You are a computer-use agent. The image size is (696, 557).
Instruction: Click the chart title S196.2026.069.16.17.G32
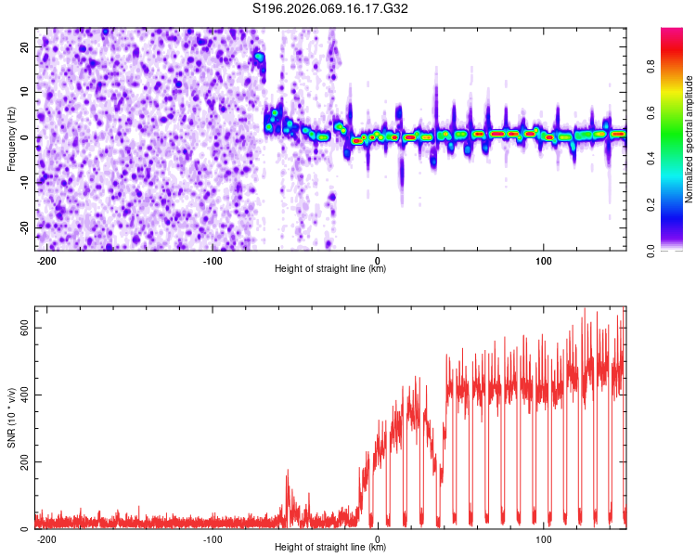(x=331, y=8)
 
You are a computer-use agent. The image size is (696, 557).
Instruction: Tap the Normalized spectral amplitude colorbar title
(x=690, y=139)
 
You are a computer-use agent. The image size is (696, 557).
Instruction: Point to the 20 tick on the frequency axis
(x=24, y=47)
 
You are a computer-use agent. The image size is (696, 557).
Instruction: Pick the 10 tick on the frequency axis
(x=24, y=92)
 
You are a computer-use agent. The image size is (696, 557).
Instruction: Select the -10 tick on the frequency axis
(x=22, y=182)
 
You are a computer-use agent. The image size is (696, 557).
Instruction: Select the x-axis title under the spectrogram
(x=330, y=269)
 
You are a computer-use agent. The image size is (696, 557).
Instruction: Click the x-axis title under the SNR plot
(x=330, y=548)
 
